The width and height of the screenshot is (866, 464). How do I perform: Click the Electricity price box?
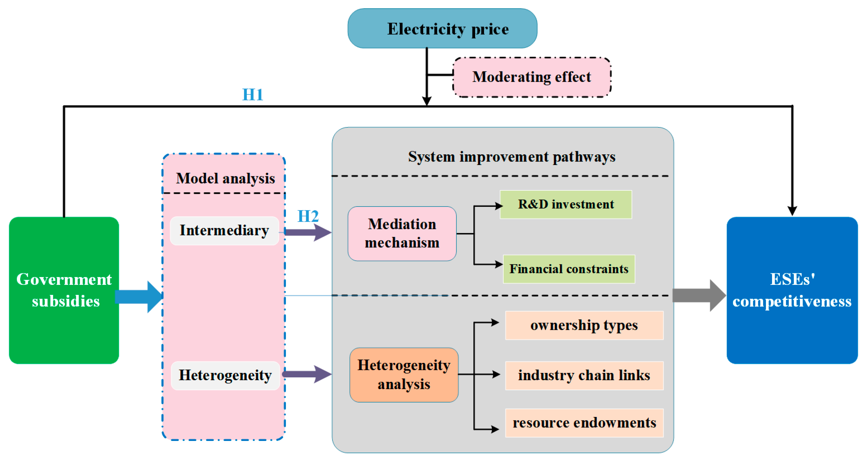442,29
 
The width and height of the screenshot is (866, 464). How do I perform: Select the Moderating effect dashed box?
532,77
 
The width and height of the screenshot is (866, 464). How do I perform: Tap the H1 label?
253,95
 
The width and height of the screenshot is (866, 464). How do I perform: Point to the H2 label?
308,216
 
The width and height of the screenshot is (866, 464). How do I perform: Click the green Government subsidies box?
64,290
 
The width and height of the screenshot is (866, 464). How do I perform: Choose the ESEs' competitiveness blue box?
792,290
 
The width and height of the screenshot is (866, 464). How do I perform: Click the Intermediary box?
224,230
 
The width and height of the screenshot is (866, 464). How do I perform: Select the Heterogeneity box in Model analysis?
225,375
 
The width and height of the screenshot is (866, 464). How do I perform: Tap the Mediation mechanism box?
402,234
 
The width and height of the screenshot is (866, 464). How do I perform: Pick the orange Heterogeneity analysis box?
404,375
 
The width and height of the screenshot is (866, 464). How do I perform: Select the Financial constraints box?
568,269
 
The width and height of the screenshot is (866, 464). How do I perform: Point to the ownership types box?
584,325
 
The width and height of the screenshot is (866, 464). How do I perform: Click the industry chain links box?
584,375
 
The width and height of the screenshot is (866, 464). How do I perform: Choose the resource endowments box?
584,423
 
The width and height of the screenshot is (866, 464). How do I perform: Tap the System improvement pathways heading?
511,157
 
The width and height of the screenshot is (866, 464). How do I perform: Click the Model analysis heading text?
225,178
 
